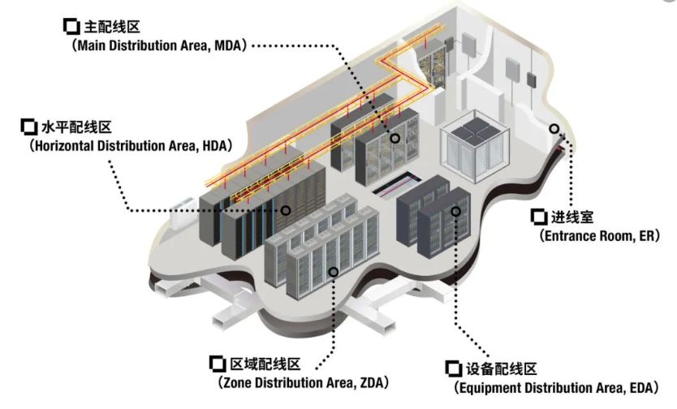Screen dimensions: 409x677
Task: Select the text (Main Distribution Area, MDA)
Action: tap(159, 46)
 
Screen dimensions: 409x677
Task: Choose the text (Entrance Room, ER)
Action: tap(594, 235)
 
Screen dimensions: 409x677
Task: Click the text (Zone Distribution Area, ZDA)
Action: tap(300, 381)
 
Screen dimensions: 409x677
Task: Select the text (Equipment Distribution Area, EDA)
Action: tap(559, 389)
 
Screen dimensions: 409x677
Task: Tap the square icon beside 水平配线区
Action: tap(27, 127)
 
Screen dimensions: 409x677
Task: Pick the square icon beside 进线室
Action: tap(538, 217)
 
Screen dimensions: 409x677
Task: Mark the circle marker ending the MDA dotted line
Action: tap(395, 138)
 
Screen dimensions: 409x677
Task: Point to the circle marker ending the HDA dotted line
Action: tap(286, 210)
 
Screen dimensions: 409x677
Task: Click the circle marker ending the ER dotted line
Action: tap(555, 128)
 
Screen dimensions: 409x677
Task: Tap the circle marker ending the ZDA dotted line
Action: tap(331, 271)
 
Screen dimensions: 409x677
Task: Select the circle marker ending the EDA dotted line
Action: tap(456, 211)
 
